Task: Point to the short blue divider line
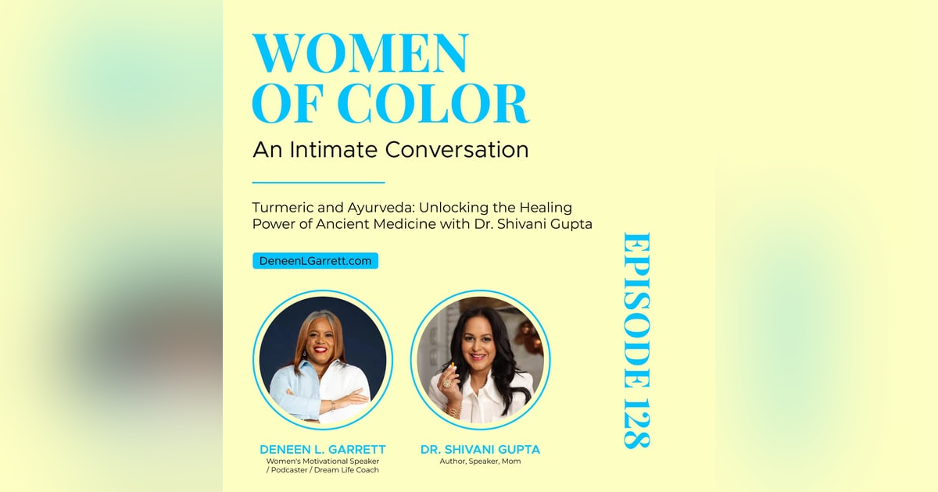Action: click(319, 182)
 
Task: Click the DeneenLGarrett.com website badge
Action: click(315, 261)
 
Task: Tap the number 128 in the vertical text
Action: click(635, 419)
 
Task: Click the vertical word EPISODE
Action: click(635, 308)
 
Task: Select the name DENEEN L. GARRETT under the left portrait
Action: click(322, 449)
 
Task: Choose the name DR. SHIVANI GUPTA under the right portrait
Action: click(480, 449)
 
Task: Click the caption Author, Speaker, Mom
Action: click(480, 462)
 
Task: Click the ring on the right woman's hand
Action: click(448, 383)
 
